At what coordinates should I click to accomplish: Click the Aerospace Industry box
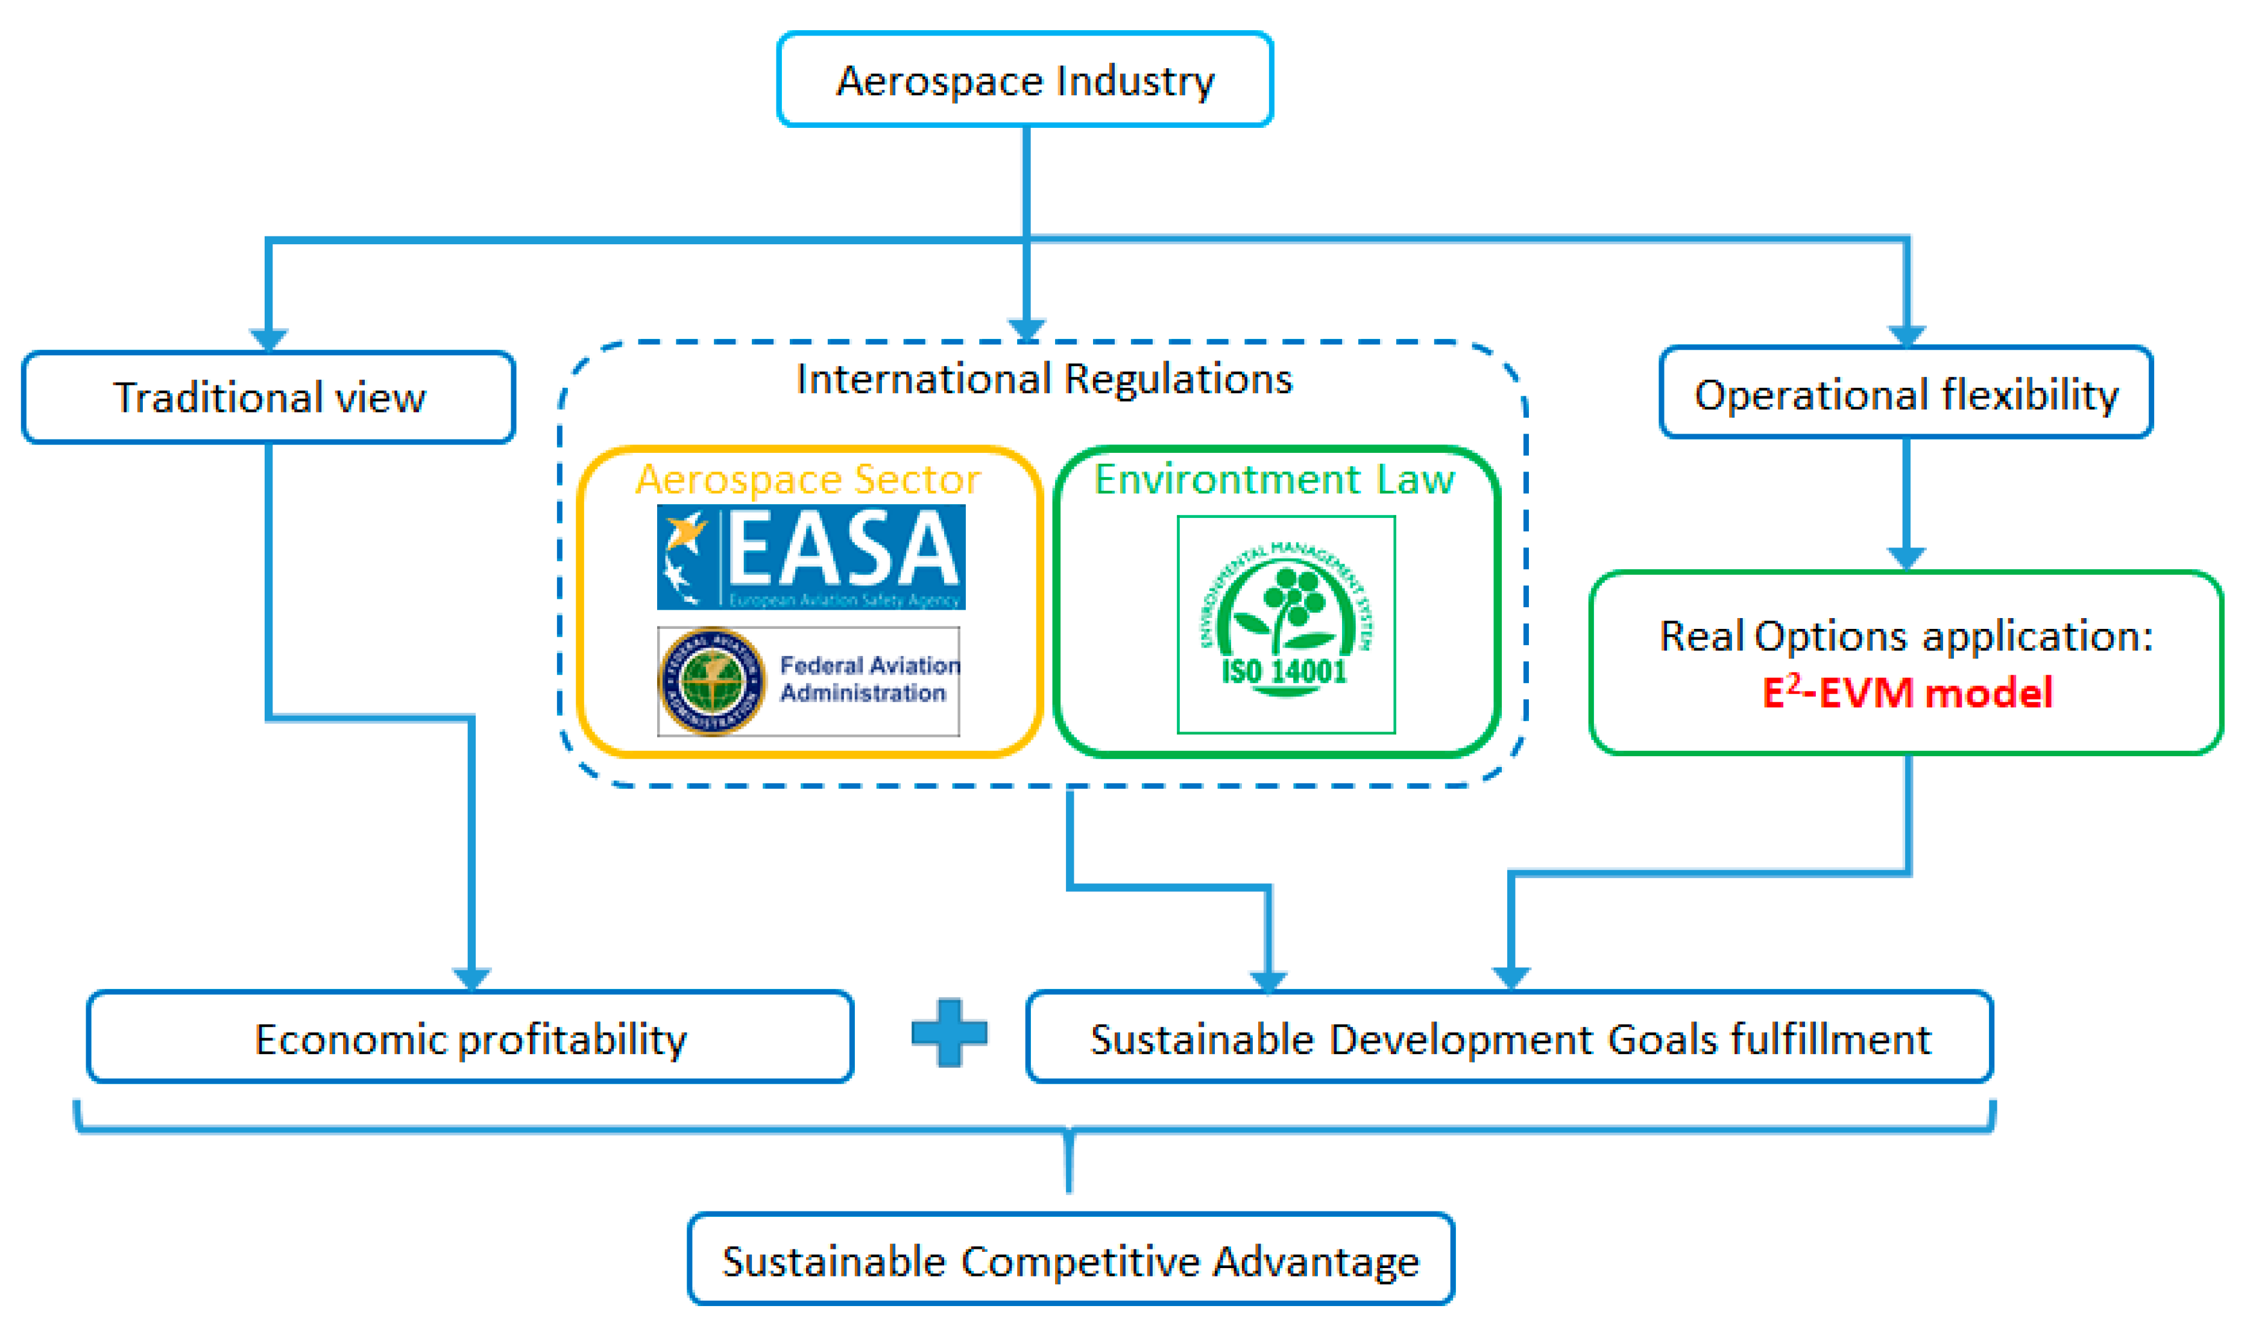1025,80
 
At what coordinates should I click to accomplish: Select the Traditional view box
268,397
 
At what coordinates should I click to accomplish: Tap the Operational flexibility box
1906,393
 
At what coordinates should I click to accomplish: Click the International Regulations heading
1044,379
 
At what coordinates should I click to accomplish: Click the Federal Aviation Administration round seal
712,681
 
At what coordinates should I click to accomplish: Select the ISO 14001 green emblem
1285,623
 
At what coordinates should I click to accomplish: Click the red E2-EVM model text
1907,692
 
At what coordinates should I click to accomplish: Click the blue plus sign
949,1032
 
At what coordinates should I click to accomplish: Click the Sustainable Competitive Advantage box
1071,1261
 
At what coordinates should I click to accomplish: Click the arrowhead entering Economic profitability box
471,978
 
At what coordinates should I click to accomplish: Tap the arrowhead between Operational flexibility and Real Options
1906,557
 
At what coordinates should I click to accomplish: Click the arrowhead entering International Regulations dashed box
1026,330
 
